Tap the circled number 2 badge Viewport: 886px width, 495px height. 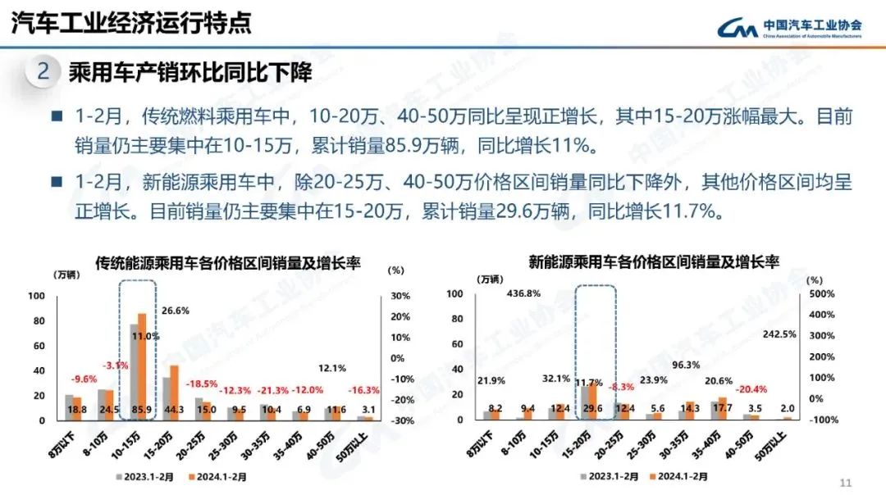(43, 72)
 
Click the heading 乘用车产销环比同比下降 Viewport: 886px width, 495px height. (191, 72)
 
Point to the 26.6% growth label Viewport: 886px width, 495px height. (175, 311)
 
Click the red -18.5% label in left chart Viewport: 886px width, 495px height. (202, 384)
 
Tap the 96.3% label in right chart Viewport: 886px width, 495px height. (687, 366)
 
